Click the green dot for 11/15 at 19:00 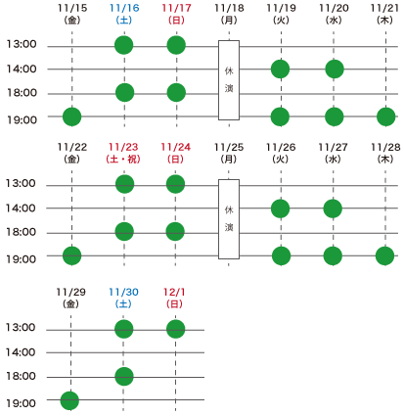[71, 116]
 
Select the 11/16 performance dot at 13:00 [124, 45]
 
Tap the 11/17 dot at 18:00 [176, 93]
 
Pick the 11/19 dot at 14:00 [281, 69]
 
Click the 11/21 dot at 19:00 [386, 116]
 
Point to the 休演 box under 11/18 [229, 80]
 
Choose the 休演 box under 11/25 [229, 219]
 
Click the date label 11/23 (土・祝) [123, 153]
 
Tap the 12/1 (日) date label [174, 298]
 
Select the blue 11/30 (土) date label [123, 298]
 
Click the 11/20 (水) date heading [334, 14]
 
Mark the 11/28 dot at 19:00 [385, 255]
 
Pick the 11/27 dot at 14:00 [333, 208]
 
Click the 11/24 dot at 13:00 [175, 184]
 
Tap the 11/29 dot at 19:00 [69, 400]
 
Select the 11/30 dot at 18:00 [124, 376]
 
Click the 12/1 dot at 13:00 [176, 329]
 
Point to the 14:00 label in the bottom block [21, 352]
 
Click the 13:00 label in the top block [22, 44]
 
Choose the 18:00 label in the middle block [22, 232]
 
